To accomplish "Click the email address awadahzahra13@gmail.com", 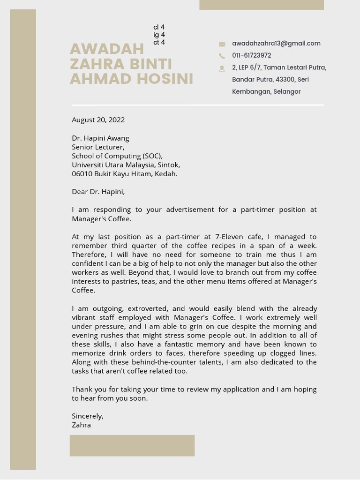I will [x=276, y=44].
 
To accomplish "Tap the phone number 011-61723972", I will [x=251, y=55].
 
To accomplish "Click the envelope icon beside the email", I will [x=222, y=44].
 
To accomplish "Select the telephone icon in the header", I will [x=222, y=56].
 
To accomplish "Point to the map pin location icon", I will [x=222, y=68].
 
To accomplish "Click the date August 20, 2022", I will [x=98, y=120].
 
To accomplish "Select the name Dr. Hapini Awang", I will [x=100, y=138].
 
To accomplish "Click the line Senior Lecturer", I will [x=98, y=147].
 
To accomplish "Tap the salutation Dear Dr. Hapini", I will [x=98, y=192].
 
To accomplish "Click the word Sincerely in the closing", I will [x=87, y=416].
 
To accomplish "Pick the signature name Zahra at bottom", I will [x=81, y=425].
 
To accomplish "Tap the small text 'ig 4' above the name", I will [x=159, y=35].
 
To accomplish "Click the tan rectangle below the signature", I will [x=132, y=445].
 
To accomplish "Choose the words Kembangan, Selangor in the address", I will [x=266, y=92].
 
